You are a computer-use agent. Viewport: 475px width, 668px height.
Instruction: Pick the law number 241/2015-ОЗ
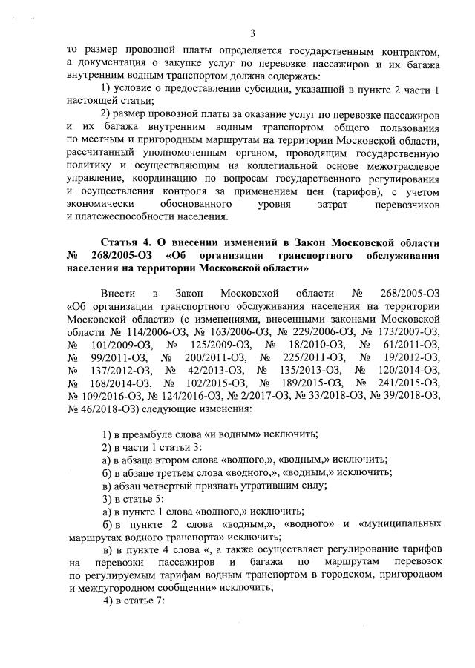pyautogui.click(x=405, y=383)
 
